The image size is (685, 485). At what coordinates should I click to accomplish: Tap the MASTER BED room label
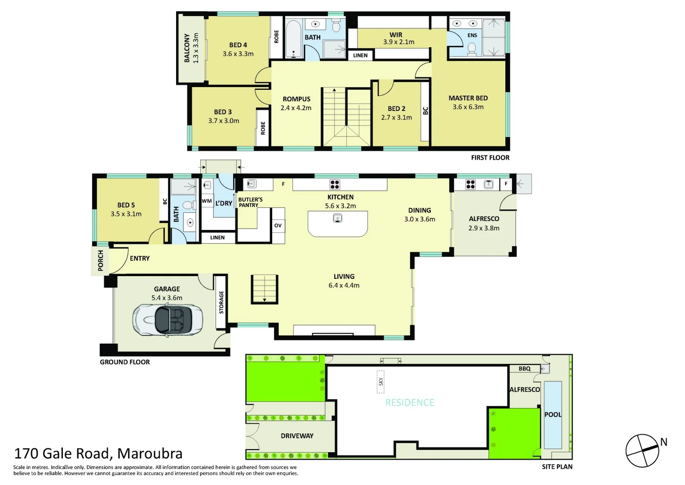click(468, 98)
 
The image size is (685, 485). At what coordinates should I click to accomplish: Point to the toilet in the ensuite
click(472, 48)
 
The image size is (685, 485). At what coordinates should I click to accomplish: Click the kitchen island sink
click(338, 219)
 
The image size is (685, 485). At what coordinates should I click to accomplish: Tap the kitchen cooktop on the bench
click(335, 184)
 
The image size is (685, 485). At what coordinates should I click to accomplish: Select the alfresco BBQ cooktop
click(470, 184)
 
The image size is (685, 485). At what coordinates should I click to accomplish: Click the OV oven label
click(278, 225)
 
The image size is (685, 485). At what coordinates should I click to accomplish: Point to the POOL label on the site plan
click(553, 414)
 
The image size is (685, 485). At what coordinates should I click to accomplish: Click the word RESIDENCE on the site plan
click(410, 403)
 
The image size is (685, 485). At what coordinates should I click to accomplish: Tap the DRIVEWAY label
click(297, 436)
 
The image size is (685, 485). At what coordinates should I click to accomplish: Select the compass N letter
click(663, 442)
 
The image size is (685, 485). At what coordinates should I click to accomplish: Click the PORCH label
click(101, 260)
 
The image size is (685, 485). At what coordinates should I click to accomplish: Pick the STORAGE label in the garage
click(221, 302)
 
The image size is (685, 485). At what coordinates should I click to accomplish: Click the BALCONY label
click(187, 48)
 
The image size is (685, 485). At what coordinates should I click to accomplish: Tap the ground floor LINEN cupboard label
click(217, 238)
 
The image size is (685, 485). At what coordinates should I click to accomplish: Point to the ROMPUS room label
click(296, 99)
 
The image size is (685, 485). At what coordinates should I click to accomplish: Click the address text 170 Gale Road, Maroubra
click(98, 454)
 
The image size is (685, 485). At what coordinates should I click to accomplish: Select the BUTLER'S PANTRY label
click(250, 202)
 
